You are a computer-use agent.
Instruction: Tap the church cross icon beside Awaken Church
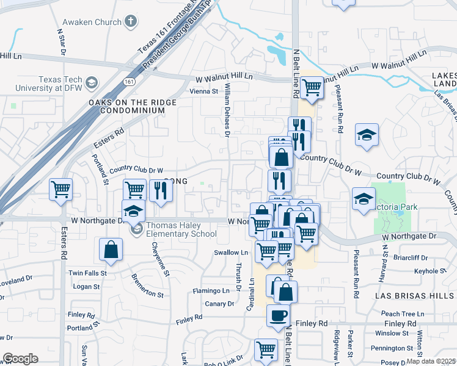click(x=130, y=22)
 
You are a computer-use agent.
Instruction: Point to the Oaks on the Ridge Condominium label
click(x=126, y=106)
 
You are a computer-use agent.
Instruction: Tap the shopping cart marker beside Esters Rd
click(x=61, y=190)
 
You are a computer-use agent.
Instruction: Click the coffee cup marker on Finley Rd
click(x=279, y=315)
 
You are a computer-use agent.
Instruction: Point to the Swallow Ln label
click(x=231, y=252)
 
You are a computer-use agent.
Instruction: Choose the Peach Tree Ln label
click(x=398, y=313)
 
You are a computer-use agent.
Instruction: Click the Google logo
click(x=20, y=358)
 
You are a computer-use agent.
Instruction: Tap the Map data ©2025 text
click(x=431, y=361)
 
